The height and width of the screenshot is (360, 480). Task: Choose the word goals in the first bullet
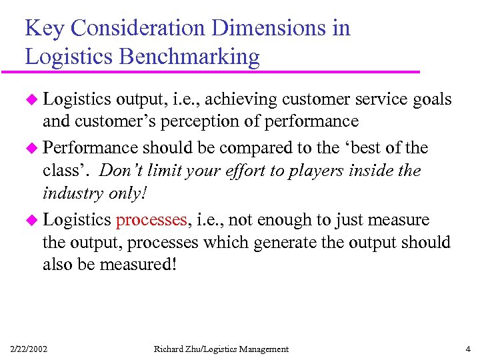pos(433,100)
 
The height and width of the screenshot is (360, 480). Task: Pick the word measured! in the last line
pos(139,265)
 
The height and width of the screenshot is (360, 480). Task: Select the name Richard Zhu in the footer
pos(179,349)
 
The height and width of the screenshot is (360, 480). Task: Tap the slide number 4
pos(467,349)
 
